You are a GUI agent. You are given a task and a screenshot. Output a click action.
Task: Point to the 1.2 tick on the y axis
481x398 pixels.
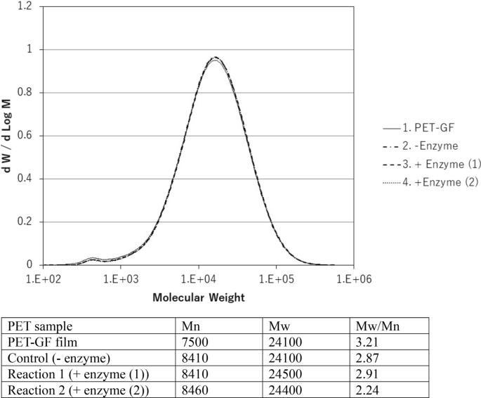(28, 6)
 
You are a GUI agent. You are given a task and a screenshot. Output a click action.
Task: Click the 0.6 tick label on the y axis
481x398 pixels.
(28, 136)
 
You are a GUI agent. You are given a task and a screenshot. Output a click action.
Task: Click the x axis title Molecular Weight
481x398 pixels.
(199, 297)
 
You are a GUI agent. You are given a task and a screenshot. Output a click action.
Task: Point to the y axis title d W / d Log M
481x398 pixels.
(9, 136)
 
